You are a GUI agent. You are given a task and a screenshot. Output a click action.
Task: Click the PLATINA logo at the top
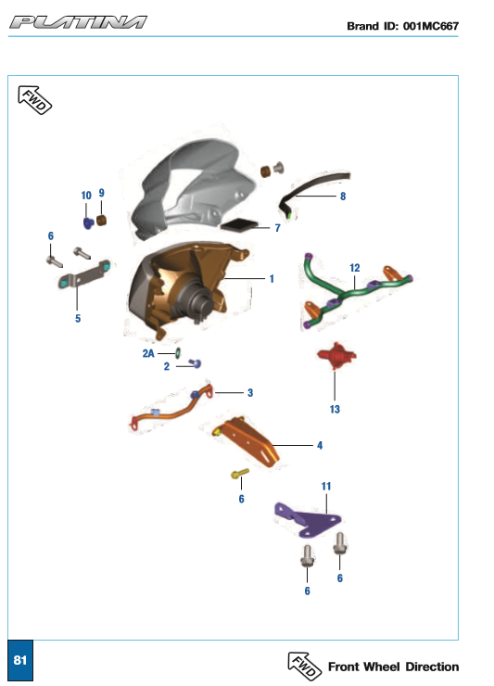(x=78, y=22)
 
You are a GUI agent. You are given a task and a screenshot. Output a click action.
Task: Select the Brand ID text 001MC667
(x=431, y=26)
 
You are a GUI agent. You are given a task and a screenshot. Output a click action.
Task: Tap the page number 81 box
(x=20, y=660)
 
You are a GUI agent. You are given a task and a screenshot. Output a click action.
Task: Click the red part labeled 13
(x=336, y=356)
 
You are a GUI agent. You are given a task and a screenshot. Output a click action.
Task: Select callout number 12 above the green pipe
(x=354, y=268)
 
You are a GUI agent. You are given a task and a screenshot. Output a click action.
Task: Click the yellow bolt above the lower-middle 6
(x=240, y=474)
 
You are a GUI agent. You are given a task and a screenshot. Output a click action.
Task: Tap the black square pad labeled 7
(x=239, y=225)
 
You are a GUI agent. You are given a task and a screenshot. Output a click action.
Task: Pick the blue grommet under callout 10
(x=88, y=223)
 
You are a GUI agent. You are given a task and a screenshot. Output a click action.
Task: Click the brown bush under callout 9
(x=102, y=220)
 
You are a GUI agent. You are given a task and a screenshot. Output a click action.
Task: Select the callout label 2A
(x=148, y=353)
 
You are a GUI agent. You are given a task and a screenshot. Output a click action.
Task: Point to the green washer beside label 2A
(x=178, y=352)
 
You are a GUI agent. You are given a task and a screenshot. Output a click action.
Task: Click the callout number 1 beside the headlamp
(x=272, y=279)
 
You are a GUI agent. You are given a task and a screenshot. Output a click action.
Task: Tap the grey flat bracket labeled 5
(x=84, y=274)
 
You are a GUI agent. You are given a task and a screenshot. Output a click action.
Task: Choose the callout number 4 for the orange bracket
(x=320, y=445)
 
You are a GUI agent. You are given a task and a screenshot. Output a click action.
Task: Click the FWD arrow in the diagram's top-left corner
(x=34, y=100)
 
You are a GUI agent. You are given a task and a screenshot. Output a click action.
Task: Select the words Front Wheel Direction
(x=393, y=667)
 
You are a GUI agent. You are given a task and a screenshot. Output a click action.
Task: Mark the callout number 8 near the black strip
(x=343, y=197)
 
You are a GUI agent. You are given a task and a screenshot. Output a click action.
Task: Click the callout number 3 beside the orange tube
(x=250, y=393)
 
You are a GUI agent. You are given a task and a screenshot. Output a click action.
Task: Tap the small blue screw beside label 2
(x=196, y=362)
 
